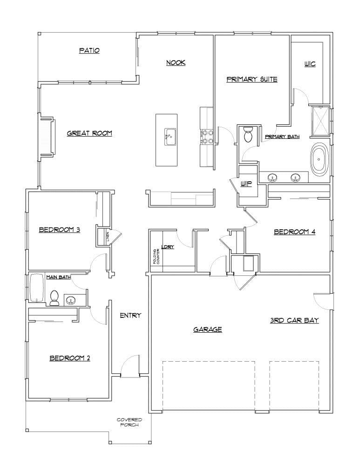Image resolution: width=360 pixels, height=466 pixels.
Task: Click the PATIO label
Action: [x=89, y=50]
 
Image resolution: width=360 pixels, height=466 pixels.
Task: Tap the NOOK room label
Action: [x=176, y=62]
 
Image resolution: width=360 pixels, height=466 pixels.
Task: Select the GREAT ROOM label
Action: [x=89, y=133]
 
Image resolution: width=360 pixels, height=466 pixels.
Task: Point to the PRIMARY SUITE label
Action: [x=251, y=79]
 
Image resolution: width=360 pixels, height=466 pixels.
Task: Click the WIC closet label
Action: [x=310, y=64]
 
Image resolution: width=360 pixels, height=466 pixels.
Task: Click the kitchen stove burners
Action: [x=207, y=137]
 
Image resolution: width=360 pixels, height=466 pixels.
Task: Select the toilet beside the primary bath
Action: [x=248, y=135]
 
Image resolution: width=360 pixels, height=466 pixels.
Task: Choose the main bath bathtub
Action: [x=37, y=289]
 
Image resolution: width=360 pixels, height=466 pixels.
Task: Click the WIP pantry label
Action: [x=246, y=184]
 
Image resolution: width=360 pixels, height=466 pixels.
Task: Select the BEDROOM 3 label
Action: [x=60, y=229]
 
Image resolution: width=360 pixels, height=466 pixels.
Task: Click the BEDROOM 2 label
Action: [x=70, y=358]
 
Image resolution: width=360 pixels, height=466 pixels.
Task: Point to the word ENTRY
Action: [x=130, y=315]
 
